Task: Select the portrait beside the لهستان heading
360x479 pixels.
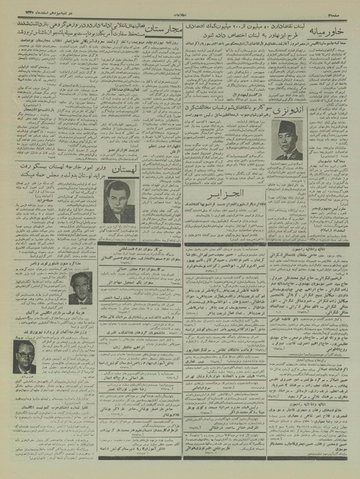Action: [x=119, y=200]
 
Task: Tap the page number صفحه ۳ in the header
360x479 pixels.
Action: [x=343, y=5]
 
